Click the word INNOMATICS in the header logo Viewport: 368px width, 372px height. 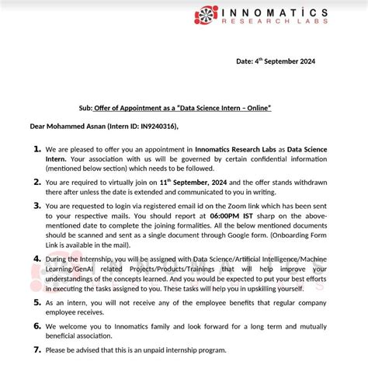tap(294, 13)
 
